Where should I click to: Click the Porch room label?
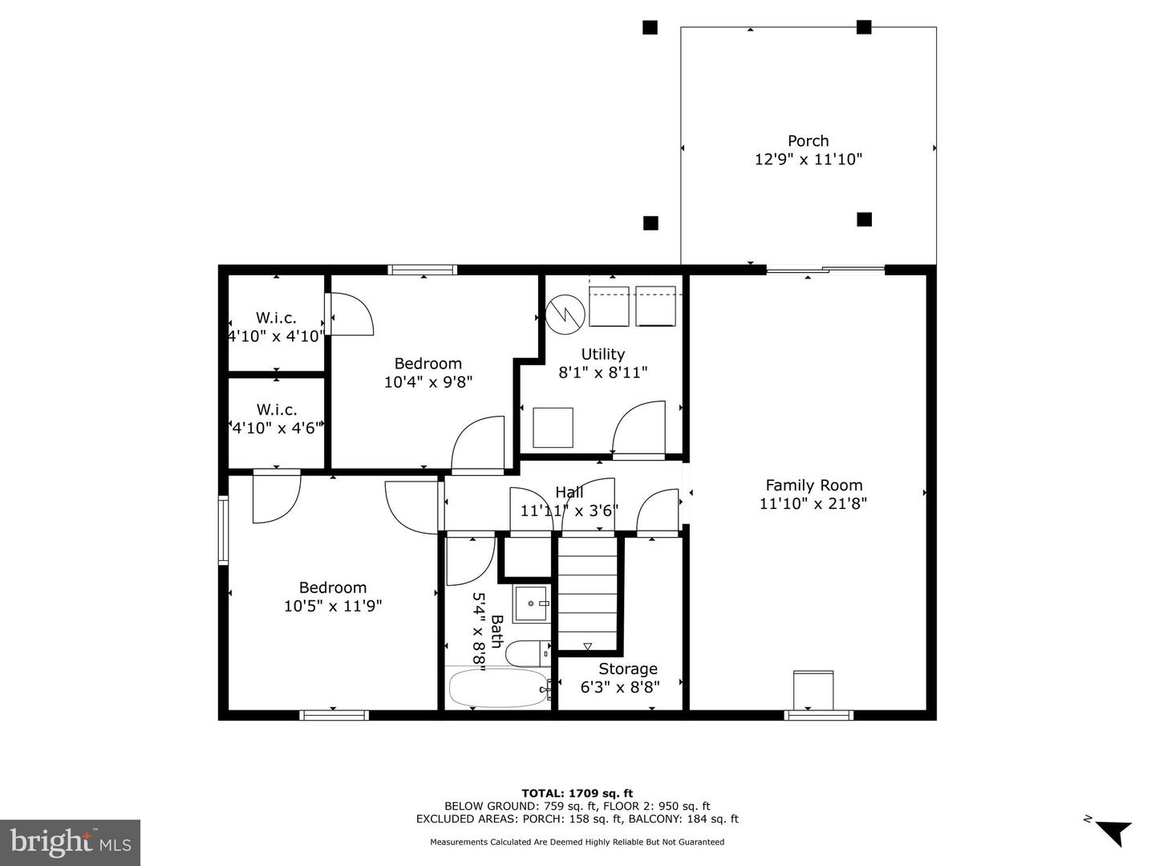[x=808, y=140]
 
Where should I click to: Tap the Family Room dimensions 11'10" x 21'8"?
[x=813, y=504]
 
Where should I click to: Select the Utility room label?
[x=602, y=354]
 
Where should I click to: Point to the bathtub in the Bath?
[x=497, y=689]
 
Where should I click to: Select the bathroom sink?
[x=531, y=604]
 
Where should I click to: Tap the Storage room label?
[x=627, y=669]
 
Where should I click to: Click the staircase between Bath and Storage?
[x=588, y=594]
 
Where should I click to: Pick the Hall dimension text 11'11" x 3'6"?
[x=569, y=510]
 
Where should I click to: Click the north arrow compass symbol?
[x=1112, y=831]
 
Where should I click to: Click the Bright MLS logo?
[x=70, y=842]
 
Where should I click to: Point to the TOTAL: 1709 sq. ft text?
[x=577, y=793]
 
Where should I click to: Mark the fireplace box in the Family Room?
[x=813, y=689]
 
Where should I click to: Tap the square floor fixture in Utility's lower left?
[x=553, y=427]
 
